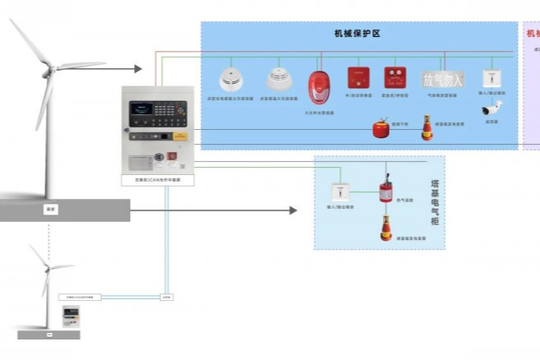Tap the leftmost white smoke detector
[231, 80]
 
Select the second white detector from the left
[279, 79]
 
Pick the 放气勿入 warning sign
[443, 79]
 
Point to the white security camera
[492, 108]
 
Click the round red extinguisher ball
[381, 129]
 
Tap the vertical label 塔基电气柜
[435, 203]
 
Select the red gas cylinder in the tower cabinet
[385, 191]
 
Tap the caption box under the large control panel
[157, 178]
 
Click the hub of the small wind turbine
[48, 267]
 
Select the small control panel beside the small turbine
[72, 316]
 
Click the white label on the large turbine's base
[49, 210]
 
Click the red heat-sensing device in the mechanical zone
[427, 127]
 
